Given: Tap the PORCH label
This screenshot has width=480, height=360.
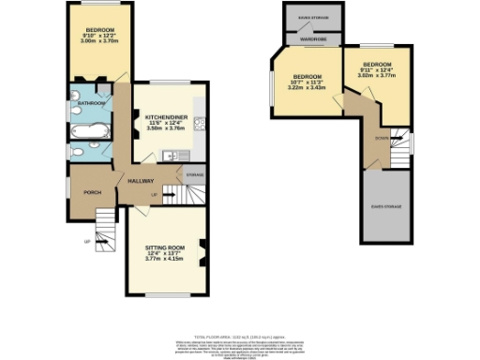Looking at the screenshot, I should click(93, 191).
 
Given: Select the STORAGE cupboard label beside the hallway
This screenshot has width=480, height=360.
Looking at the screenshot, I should click(195, 174).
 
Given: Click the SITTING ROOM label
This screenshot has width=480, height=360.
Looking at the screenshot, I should click(164, 247).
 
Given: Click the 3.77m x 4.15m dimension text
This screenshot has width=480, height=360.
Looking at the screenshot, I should click(164, 259).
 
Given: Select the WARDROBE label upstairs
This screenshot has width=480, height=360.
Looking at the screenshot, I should click(311, 40).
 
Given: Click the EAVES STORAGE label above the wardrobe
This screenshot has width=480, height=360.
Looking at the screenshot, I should click(311, 16).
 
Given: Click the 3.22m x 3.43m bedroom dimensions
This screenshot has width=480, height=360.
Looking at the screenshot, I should click(307, 87).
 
